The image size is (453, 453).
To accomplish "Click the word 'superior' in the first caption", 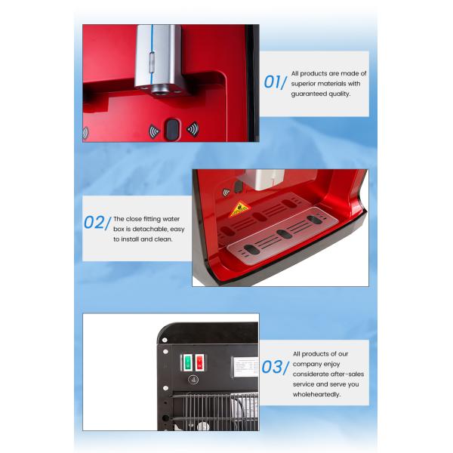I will click(x=308, y=84).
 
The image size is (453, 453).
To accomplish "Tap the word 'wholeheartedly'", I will click(x=318, y=394).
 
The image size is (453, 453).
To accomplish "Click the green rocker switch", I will click(x=188, y=362).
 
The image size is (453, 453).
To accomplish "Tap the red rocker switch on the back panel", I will click(x=200, y=362).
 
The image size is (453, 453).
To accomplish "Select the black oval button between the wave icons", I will click(x=172, y=129).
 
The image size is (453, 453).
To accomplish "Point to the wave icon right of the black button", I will click(x=192, y=129).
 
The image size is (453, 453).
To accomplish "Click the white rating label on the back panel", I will click(x=242, y=367).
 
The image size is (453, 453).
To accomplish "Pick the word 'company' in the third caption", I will click(x=310, y=364).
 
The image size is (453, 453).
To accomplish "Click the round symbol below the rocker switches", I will click(x=193, y=381).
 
